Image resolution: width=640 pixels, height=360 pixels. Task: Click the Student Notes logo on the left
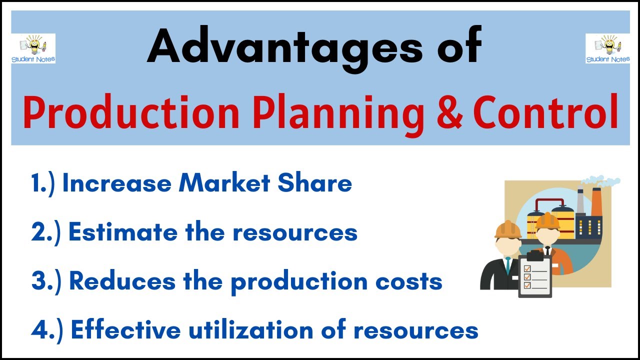(33, 48)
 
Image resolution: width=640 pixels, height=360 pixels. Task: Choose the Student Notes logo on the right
(607, 48)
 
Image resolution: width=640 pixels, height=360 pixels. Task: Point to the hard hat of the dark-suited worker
(507, 229)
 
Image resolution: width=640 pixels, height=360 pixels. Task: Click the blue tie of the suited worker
(508, 265)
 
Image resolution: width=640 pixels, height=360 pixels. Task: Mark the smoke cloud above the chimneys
(602, 181)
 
